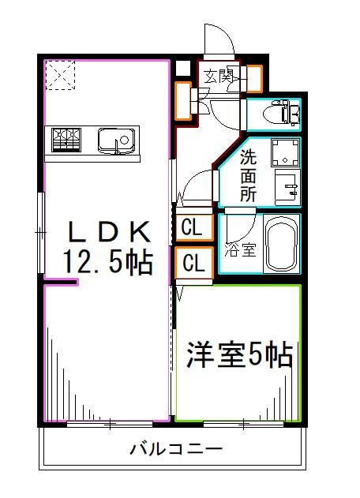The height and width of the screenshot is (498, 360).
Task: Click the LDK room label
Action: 109,231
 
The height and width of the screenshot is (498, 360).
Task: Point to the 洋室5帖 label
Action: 239,355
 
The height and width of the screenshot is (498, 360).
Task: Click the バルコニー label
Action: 176,450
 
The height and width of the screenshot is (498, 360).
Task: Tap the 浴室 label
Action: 241,250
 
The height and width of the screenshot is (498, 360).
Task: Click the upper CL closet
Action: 193,228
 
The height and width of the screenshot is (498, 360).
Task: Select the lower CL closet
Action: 193,263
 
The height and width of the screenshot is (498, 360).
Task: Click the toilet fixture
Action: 283,114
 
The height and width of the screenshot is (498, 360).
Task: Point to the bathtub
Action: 281,245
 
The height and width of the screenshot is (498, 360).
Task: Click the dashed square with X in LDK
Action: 59,76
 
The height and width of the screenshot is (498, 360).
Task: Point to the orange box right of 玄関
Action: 255,77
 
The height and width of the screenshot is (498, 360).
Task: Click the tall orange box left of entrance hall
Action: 182,102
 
